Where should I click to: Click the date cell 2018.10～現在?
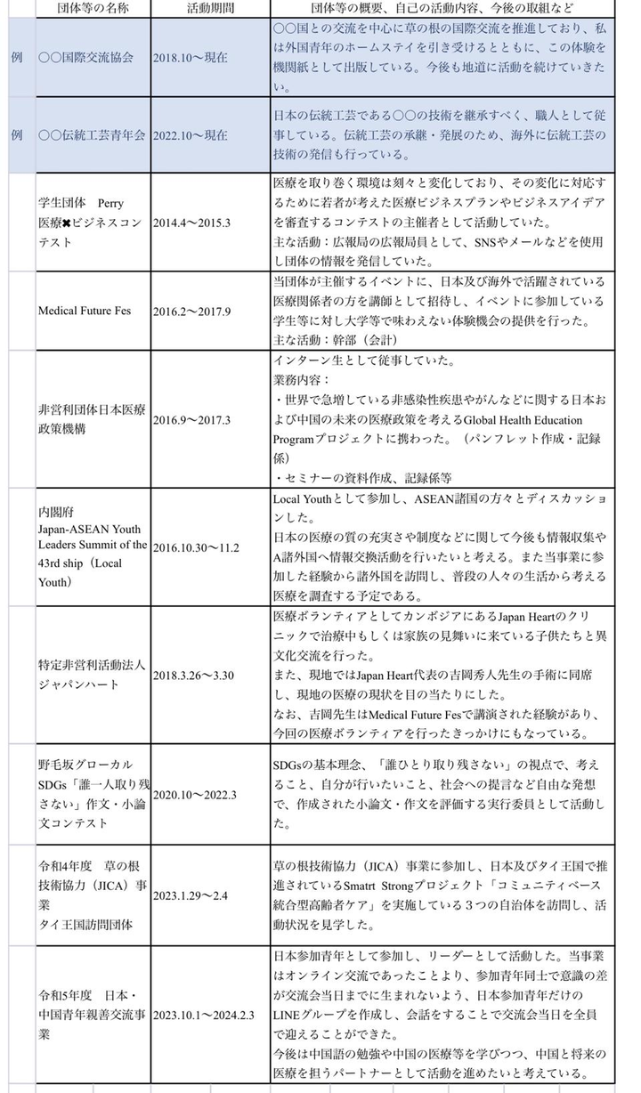click(x=191, y=57)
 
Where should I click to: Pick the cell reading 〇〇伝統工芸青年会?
click(x=93, y=135)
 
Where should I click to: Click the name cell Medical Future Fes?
click(x=85, y=311)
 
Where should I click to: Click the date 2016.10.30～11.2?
click(x=197, y=547)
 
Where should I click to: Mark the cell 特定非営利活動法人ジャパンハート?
click(x=93, y=676)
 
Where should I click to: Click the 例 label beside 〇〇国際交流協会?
click(x=17, y=57)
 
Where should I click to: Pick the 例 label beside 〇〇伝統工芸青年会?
click(x=17, y=135)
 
